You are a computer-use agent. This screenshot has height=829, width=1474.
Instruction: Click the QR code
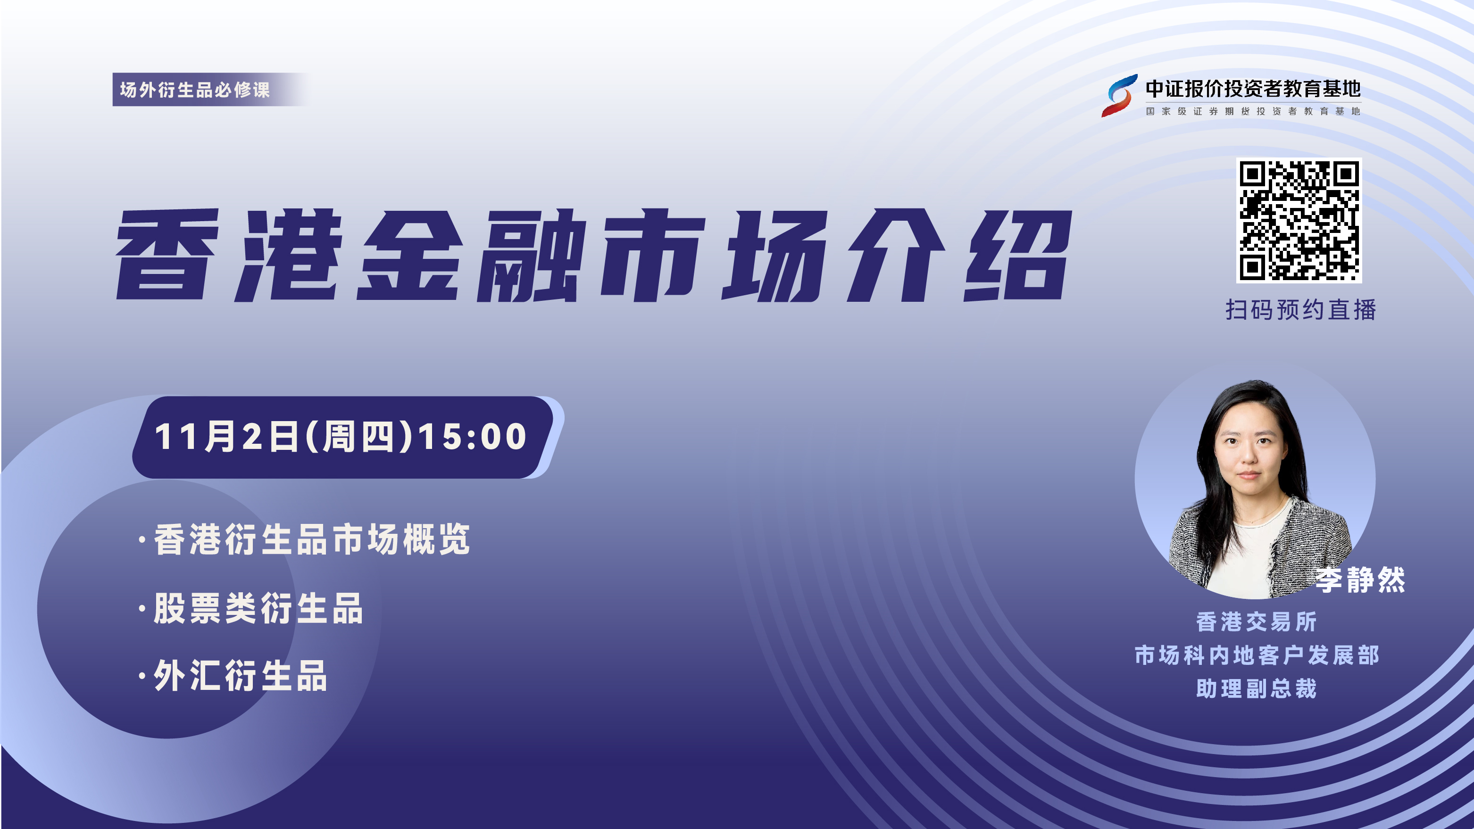click(1299, 220)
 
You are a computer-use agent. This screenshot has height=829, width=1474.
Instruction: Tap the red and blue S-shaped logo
click(1119, 96)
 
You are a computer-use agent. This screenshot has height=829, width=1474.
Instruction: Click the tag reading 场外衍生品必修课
click(194, 89)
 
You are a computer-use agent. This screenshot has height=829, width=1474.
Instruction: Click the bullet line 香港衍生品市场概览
click(305, 539)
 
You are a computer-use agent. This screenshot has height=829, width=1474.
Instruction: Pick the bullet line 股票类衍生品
click(250, 607)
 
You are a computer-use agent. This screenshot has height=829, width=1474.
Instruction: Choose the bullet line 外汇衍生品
click(233, 676)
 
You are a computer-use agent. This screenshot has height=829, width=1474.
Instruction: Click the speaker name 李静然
click(1360, 580)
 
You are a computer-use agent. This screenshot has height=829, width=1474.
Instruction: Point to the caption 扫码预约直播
click(1300, 309)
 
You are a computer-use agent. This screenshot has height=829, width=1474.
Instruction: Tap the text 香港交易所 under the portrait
click(1257, 622)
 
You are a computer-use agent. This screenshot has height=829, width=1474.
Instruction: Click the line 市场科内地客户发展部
click(1257, 655)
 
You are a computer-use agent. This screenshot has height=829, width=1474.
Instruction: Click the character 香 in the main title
click(167, 255)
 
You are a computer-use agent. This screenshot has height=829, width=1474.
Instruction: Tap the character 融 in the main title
click(532, 255)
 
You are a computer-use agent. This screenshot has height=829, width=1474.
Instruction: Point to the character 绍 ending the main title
click(1017, 255)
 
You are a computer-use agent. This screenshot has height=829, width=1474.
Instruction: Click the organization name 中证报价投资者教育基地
click(1253, 89)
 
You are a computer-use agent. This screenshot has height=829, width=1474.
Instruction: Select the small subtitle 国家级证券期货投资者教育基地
click(1253, 111)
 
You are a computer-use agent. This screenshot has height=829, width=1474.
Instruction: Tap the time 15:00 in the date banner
click(473, 437)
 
